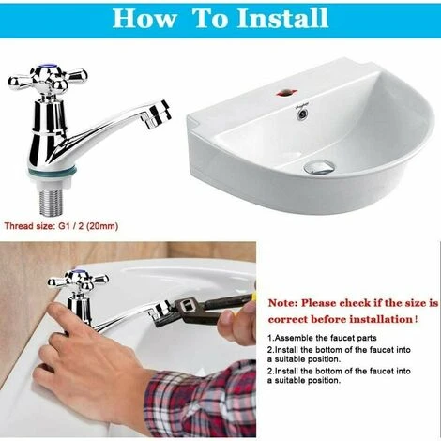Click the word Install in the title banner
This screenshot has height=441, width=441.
coord(282,18)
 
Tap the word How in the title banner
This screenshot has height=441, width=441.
coord(144,18)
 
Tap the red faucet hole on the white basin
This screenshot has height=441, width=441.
coord(284,93)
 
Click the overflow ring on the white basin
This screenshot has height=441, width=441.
coord(302,114)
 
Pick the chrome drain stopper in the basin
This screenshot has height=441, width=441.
coord(319,166)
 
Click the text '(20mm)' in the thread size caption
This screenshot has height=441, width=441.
coord(102,226)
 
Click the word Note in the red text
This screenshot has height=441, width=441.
coord(281,303)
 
